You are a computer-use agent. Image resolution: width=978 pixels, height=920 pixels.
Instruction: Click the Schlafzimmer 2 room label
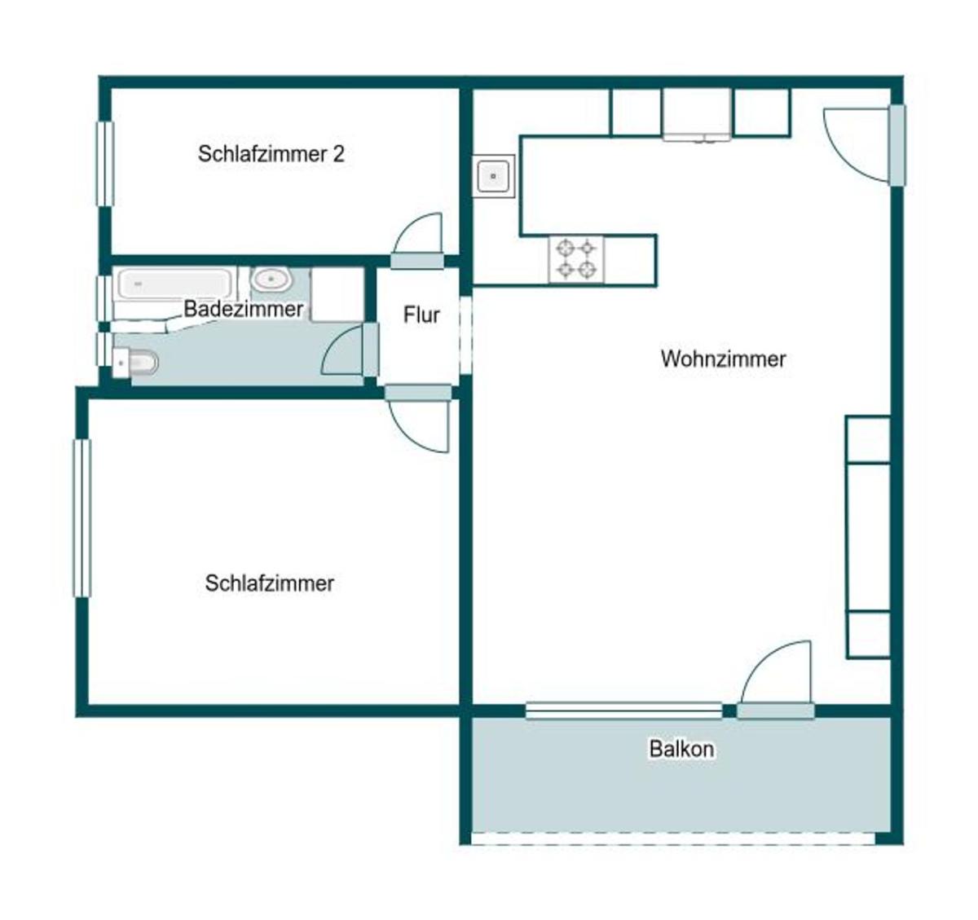[271, 154]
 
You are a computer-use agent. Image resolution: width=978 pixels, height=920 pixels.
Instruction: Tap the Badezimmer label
[243, 310]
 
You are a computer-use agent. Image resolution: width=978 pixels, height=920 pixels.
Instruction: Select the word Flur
[421, 315]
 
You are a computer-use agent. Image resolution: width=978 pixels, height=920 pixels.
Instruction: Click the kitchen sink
[493, 176]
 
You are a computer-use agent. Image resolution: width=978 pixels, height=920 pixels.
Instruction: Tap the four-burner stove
[575, 261]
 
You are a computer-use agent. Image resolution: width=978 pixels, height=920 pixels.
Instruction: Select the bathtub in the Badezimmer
[174, 284]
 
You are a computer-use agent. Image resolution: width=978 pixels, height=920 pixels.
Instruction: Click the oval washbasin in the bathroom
[271, 280]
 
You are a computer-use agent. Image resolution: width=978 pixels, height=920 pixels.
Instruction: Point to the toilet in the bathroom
[135, 363]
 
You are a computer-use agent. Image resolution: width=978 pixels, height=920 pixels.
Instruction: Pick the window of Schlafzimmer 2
[105, 164]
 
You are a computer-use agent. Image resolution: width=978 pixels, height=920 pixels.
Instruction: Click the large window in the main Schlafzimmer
[82, 518]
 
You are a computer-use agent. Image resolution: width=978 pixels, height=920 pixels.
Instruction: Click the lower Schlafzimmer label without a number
[270, 583]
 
